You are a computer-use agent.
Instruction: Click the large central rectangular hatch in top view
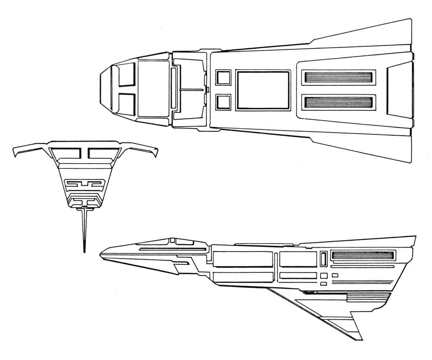click(263, 90)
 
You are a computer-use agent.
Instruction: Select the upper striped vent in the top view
click(338, 77)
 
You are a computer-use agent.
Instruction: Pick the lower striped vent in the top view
click(338, 102)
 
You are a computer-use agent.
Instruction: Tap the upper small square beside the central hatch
click(223, 78)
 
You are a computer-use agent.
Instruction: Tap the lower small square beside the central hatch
click(223, 102)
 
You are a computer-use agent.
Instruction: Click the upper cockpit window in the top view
click(126, 75)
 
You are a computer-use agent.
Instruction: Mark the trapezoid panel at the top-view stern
click(399, 90)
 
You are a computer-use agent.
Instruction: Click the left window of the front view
click(66, 153)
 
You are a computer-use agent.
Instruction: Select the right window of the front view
click(103, 153)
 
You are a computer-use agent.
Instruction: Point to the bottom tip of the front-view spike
click(84, 251)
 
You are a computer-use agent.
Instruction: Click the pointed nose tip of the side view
click(101, 255)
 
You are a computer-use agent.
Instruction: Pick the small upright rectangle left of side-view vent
click(323, 258)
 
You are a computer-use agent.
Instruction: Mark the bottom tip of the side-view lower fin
click(361, 339)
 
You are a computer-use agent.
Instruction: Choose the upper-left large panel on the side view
click(243, 259)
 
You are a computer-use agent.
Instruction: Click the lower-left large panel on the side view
click(243, 277)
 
